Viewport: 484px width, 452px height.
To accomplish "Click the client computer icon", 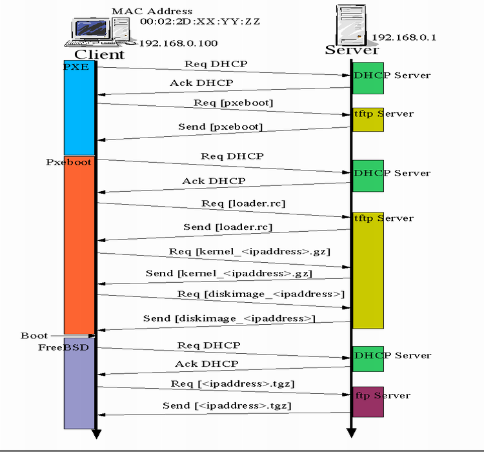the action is pos(100,32).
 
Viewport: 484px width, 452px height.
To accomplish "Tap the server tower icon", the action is pos(352,25).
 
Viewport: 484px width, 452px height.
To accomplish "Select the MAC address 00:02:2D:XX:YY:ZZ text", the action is pos(200,21).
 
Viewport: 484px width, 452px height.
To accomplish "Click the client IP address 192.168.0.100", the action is pos(178,43).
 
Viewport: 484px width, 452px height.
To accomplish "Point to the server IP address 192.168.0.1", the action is pos(404,37).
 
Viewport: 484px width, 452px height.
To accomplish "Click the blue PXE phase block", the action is pos(79,108).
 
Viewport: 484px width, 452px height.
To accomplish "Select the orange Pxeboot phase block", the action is pos(79,245).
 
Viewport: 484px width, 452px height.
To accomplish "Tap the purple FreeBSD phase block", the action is pos(79,383).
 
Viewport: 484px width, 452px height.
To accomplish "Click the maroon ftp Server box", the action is pos(368,402).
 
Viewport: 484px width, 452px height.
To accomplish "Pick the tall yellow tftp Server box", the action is pos(368,271).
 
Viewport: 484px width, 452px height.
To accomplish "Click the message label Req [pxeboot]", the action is pos(234,103).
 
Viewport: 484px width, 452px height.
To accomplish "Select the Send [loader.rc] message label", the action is pos(228,227).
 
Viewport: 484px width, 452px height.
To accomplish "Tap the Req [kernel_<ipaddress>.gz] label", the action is pos(249,251).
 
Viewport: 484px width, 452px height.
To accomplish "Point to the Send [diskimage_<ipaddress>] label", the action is pos(229,318).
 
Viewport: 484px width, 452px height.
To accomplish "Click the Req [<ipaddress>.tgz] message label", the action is pos(233,384).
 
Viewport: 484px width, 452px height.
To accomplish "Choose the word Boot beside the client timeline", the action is pos(34,336).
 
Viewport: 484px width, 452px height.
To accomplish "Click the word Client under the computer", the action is pos(99,54).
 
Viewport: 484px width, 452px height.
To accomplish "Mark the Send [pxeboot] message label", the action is pos(221,127).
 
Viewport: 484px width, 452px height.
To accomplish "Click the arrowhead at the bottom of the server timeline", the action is pos(351,433).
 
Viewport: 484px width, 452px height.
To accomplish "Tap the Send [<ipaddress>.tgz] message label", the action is pos(227,406).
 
